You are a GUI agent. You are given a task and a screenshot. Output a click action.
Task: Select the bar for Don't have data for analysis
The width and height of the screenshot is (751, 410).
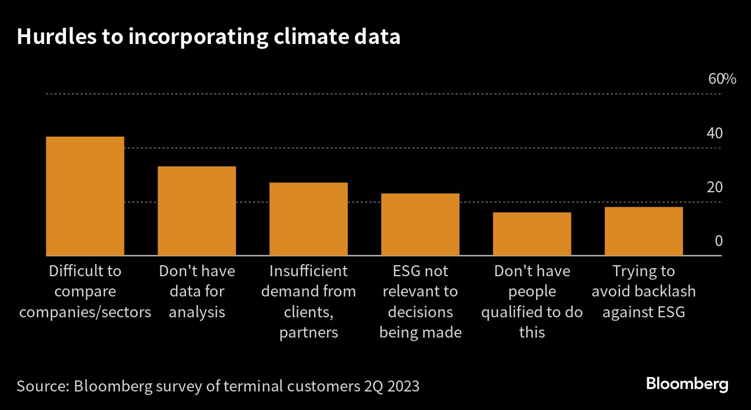click(196, 211)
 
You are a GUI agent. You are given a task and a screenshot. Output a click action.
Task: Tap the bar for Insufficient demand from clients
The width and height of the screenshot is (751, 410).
click(308, 219)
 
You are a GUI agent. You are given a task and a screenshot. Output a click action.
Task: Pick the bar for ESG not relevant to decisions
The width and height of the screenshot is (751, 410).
click(420, 224)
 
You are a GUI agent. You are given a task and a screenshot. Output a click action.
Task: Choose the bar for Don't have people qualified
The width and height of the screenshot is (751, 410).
click(531, 234)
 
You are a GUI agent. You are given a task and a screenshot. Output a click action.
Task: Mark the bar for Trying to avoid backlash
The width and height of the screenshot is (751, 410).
click(643, 231)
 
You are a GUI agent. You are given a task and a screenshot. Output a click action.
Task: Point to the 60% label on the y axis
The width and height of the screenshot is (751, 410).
click(722, 79)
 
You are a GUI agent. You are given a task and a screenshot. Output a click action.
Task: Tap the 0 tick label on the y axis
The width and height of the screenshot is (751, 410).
click(719, 241)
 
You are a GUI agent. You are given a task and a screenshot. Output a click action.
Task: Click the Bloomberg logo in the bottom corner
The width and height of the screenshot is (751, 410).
click(687, 384)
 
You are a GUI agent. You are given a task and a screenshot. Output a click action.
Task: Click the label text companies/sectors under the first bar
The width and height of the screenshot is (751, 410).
click(85, 312)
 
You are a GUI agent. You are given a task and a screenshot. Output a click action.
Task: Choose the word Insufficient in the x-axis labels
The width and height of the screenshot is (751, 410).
click(309, 271)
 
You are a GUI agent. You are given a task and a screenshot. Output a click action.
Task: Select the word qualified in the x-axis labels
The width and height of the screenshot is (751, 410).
click(515, 312)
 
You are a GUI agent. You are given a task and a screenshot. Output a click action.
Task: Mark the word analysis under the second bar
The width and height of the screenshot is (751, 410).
click(197, 312)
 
